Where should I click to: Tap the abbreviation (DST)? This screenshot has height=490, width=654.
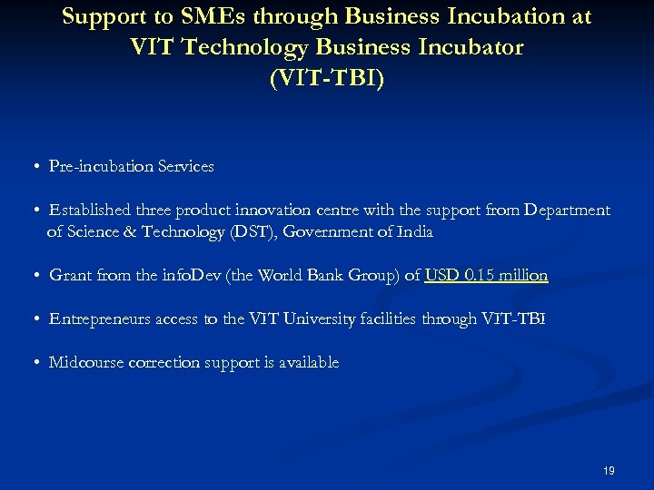(x=249, y=232)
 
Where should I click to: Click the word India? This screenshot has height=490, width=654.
(x=415, y=232)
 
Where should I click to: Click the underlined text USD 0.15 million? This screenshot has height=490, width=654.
(x=486, y=276)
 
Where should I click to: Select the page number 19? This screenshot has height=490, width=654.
(x=609, y=471)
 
